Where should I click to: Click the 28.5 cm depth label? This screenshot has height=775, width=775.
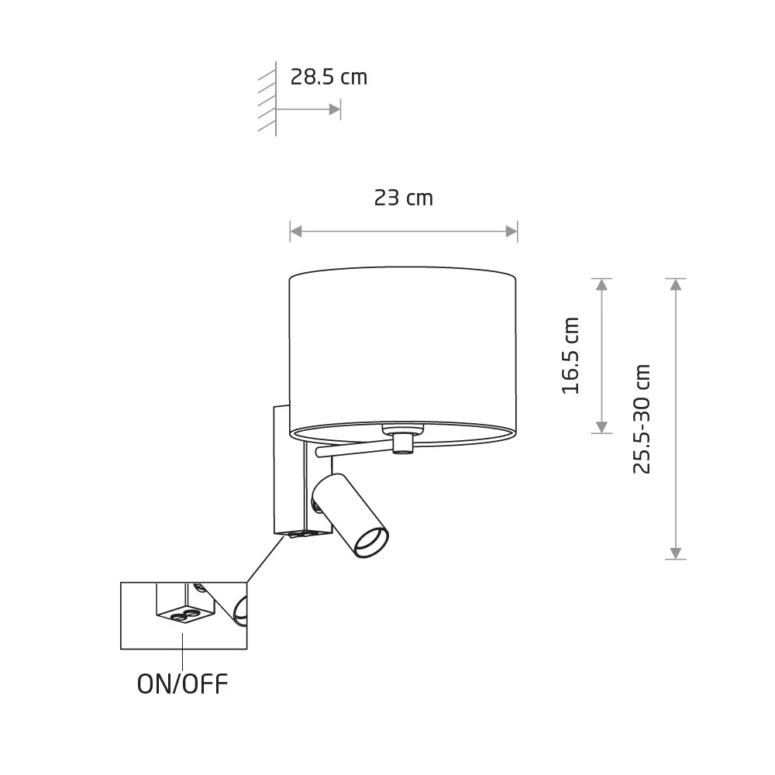pyautogui.click(x=329, y=77)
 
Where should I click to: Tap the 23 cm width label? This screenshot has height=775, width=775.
pyautogui.click(x=403, y=198)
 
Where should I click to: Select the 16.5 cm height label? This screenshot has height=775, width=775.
pyautogui.click(x=570, y=356)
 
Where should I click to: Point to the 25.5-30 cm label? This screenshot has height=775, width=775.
pyautogui.click(x=642, y=419)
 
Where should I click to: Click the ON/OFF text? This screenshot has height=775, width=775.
pyautogui.click(x=182, y=684)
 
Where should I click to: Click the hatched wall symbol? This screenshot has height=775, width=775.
pyautogui.click(x=267, y=99)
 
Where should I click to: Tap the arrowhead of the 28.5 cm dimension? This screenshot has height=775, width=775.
pyautogui.click(x=335, y=109)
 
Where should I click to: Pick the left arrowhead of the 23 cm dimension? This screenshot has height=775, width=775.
pyautogui.click(x=296, y=231)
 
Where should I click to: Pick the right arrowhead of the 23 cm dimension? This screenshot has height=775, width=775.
pyautogui.click(x=511, y=231)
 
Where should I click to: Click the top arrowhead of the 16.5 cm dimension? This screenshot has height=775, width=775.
pyautogui.click(x=601, y=284)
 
